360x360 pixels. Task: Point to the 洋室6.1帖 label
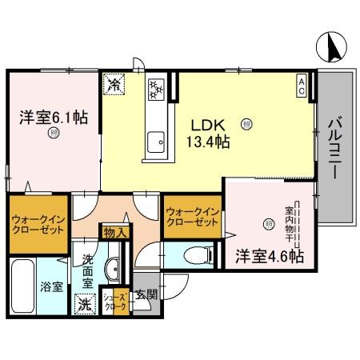coord(54,117)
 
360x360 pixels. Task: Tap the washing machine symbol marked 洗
coord(84,304)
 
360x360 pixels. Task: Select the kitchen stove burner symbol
coord(155,89)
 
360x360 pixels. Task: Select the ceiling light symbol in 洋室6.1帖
coord(53,134)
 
